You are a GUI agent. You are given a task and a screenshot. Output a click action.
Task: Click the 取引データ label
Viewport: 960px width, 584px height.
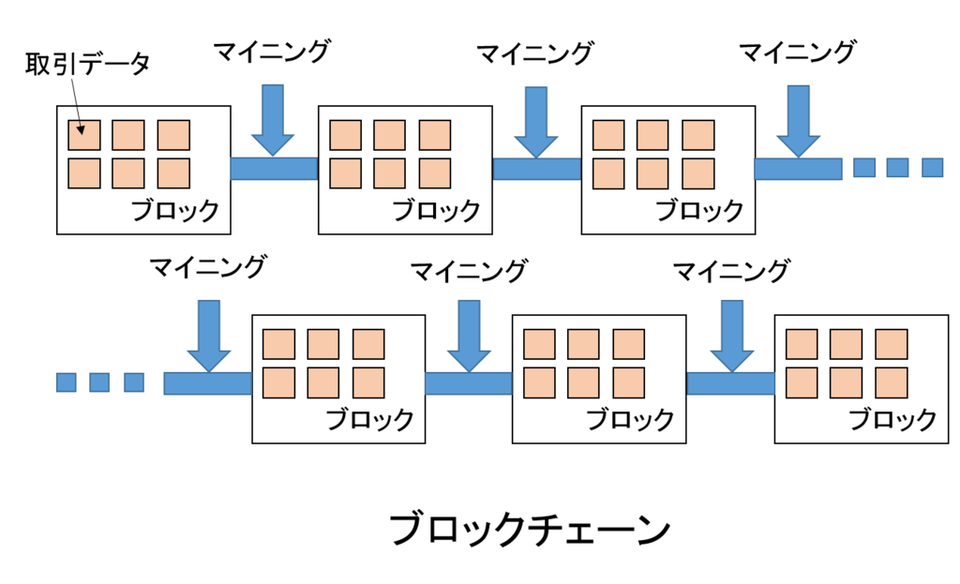point(87,64)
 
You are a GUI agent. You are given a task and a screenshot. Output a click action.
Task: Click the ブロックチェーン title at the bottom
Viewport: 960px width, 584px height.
point(531,529)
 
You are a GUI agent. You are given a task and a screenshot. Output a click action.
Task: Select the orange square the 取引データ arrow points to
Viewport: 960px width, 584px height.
point(83,135)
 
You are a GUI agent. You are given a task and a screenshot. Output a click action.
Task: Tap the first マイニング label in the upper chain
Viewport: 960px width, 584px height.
point(272,52)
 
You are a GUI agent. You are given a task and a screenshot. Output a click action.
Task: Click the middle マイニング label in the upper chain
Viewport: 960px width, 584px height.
point(534,52)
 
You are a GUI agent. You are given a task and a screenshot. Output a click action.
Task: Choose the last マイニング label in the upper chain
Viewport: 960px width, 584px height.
point(797,52)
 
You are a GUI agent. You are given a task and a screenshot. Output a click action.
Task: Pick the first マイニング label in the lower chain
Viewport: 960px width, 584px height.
point(208,267)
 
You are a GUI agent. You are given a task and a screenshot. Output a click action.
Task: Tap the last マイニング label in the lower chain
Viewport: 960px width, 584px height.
point(731,270)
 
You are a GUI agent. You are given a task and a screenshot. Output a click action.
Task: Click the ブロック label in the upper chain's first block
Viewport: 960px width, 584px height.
point(175,211)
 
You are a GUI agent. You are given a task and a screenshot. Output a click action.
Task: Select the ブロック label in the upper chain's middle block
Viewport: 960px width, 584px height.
point(437,211)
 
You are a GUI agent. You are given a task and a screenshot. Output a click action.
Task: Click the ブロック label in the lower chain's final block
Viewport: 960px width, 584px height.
point(892,420)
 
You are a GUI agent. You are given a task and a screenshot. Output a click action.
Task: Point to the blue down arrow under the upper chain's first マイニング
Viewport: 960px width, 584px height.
point(273,120)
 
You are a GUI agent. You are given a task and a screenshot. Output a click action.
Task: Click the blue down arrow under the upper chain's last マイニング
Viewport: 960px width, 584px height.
point(799,121)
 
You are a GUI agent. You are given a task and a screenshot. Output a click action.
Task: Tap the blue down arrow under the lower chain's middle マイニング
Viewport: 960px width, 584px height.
point(469,337)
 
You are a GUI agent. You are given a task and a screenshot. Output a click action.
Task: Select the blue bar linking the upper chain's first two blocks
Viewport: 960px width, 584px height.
point(275,169)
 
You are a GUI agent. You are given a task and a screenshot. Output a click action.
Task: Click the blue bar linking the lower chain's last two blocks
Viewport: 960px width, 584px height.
point(730,383)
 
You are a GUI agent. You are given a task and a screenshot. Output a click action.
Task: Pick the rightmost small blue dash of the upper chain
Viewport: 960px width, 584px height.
point(933,168)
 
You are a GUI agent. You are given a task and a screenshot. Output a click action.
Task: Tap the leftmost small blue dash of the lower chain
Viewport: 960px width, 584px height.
point(67,382)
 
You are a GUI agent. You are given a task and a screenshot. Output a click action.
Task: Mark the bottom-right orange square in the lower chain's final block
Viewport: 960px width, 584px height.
point(892,382)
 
